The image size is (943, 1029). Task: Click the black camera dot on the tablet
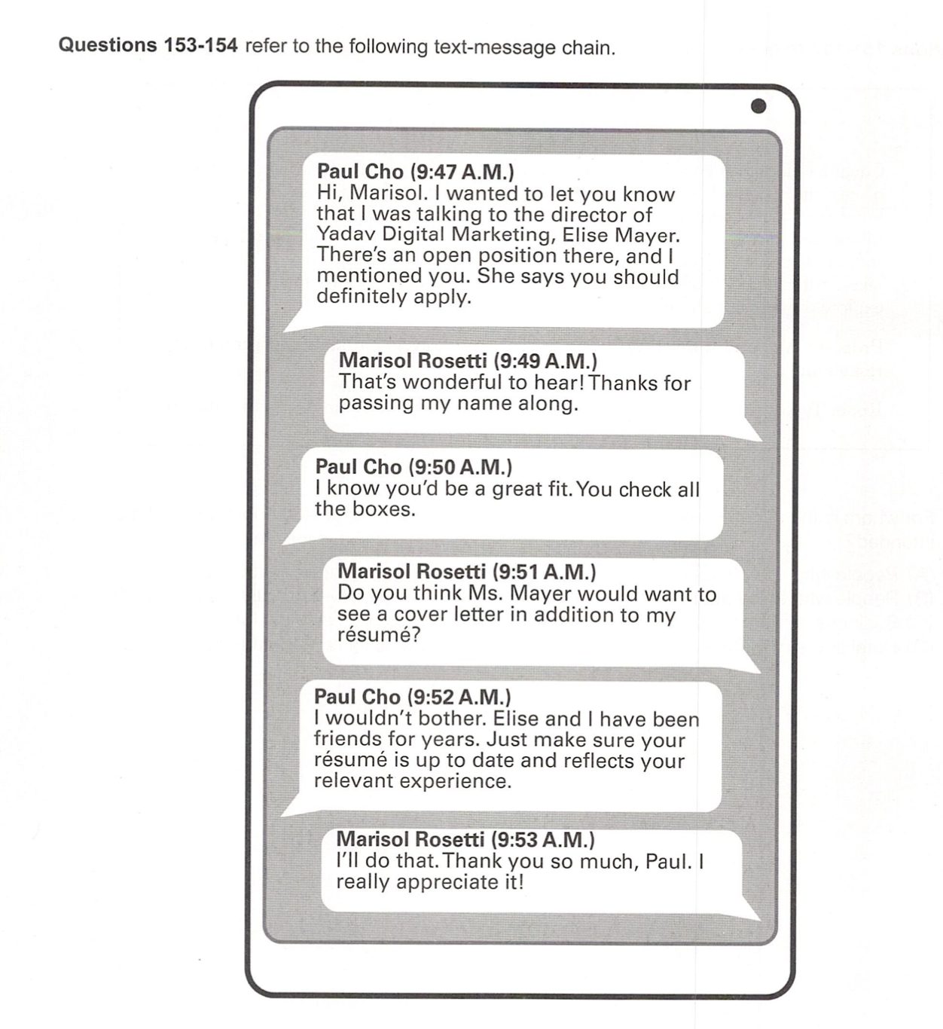click(758, 106)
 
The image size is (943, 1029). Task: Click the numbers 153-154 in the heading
click(200, 45)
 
